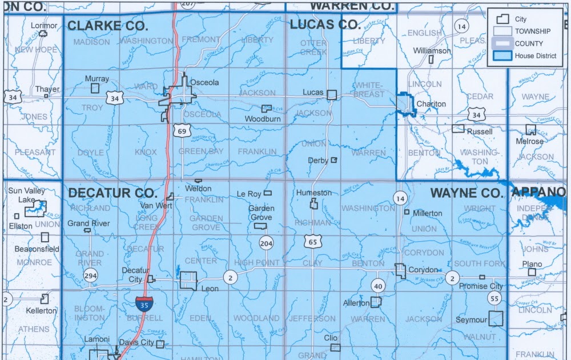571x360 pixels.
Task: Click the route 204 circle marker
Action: (x=266, y=243)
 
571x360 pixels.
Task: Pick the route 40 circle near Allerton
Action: (x=377, y=285)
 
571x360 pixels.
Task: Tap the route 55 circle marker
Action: (x=494, y=298)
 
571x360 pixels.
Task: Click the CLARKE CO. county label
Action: (x=107, y=26)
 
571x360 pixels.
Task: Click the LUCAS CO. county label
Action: (x=325, y=25)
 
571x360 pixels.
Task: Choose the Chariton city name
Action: (x=431, y=104)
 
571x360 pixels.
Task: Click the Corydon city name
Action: (x=423, y=270)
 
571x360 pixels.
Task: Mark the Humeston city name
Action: (x=313, y=193)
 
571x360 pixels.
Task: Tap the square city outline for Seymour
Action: (x=496, y=319)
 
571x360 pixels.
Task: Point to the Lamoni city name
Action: (x=96, y=339)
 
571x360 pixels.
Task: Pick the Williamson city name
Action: (x=432, y=51)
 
